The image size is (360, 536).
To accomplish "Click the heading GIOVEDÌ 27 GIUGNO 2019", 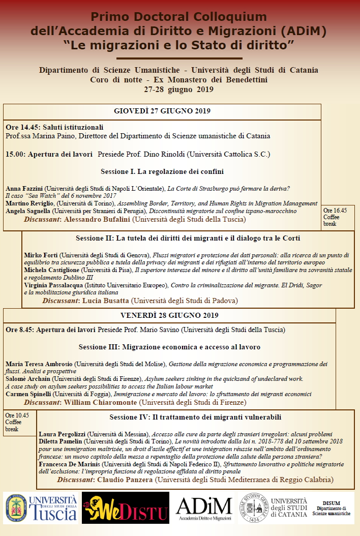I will click(x=162, y=111).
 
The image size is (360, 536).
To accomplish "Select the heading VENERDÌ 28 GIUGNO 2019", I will click(x=169, y=315).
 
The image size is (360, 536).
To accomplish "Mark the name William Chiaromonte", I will click(x=101, y=402).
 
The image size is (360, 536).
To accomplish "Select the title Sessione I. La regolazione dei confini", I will click(x=162, y=171).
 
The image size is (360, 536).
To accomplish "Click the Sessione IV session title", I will click(x=195, y=418).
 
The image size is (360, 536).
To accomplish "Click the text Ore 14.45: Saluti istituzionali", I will click(x=54, y=127).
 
